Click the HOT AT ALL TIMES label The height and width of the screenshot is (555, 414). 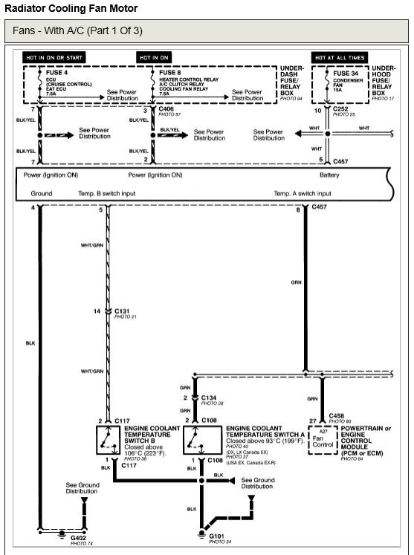[x=340, y=57]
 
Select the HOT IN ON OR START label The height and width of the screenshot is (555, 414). [x=54, y=57]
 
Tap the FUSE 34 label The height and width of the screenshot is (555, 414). [x=346, y=74]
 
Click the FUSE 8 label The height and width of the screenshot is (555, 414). [x=170, y=73]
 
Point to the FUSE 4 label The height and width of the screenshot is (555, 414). [x=56, y=73]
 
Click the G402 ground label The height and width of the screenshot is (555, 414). [x=78, y=538]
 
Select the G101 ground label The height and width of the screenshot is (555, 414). [x=216, y=536]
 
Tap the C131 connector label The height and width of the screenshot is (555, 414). [x=122, y=311]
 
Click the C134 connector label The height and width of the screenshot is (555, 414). [x=209, y=397]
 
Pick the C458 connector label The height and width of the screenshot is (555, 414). [x=337, y=416]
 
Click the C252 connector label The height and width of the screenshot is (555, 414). [x=340, y=109]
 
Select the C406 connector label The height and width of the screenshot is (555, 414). [x=166, y=109]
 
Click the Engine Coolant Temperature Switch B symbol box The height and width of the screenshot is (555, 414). [x=109, y=440]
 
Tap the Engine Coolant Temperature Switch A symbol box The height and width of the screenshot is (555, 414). [x=203, y=440]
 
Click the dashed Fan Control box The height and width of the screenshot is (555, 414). [x=323, y=440]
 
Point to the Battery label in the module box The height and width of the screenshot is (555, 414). [x=329, y=175]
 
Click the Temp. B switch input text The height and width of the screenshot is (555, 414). [x=106, y=194]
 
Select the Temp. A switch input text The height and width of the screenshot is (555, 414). [x=303, y=194]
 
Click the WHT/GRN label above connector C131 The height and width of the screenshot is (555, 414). [x=92, y=245]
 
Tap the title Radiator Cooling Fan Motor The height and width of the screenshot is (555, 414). [x=71, y=8]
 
